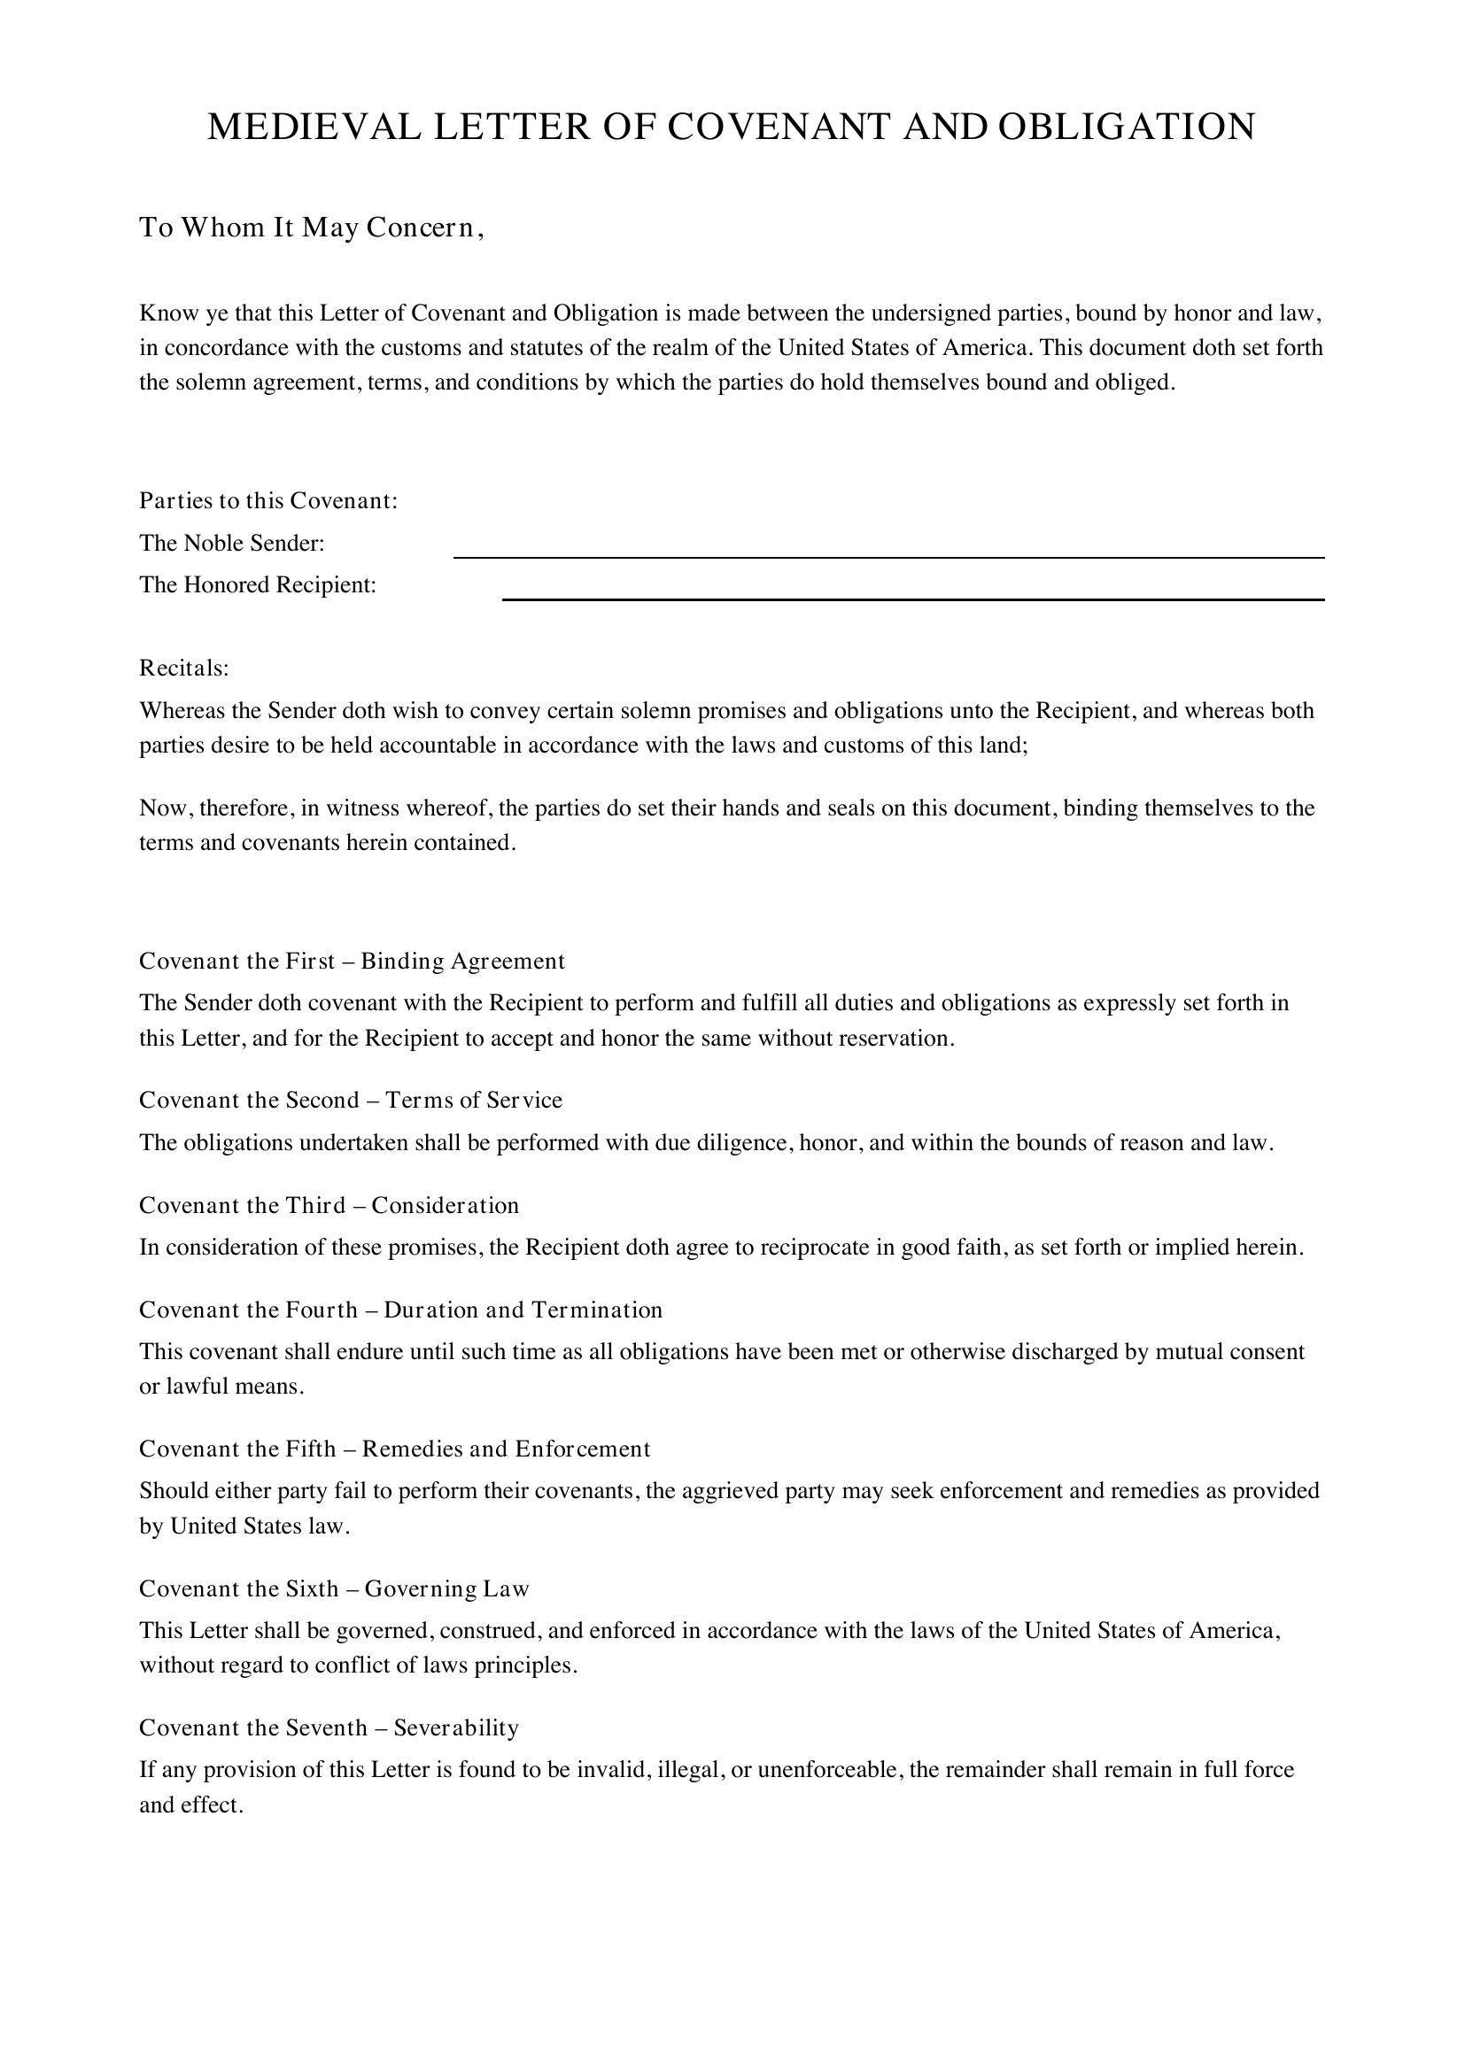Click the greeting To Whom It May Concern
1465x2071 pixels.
[311, 228]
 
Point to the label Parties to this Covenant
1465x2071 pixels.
[267, 500]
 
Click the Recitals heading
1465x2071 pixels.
[184, 668]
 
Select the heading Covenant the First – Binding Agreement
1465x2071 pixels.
[352, 961]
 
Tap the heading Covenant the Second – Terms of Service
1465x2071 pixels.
[350, 1100]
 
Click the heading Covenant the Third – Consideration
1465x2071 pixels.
[329, 1205]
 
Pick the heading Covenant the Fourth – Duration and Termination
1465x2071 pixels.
[400, 1310]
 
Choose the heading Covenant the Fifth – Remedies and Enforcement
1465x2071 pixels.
[394, 1449]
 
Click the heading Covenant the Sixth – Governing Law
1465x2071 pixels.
[334, 1588]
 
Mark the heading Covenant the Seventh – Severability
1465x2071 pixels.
[329, 1727]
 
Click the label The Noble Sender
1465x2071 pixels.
[231, 543]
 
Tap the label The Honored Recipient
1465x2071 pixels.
[257, 585]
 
